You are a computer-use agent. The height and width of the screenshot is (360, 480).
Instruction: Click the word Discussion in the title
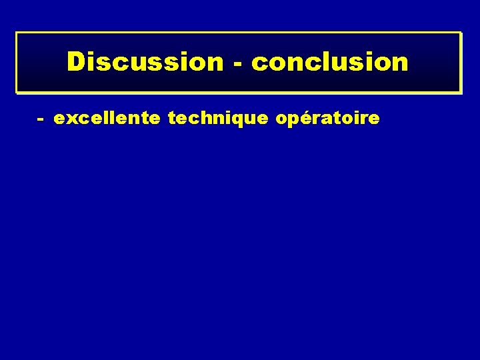(145, 62)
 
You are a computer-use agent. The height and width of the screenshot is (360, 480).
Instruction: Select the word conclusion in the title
(330, 62)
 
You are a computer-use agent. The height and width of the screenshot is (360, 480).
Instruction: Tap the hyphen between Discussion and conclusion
(237, 64)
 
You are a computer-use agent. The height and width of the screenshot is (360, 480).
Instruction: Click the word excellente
(107, 119)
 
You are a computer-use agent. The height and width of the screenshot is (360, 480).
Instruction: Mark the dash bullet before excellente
(41, 120)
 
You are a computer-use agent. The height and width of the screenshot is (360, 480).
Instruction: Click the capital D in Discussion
(76, 62)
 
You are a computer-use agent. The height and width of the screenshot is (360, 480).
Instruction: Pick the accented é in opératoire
(301, 119)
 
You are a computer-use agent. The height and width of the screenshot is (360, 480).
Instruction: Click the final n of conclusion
(400, 63)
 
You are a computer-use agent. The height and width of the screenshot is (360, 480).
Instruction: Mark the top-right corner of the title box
(461, 32)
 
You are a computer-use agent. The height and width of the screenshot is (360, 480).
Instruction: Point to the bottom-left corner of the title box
(17, 92)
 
